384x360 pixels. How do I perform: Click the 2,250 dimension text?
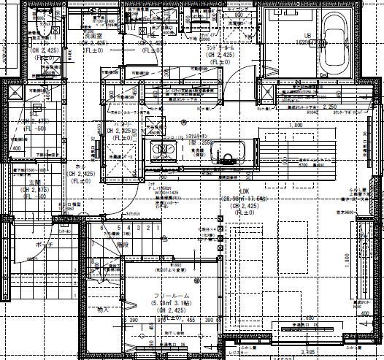tap(331, 107)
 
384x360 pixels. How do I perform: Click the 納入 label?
tap(102, 310)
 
